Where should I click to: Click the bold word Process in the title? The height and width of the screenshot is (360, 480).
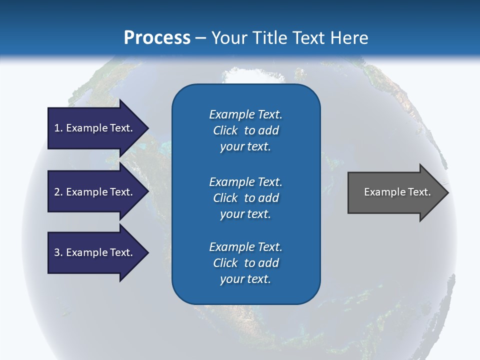[157, 38]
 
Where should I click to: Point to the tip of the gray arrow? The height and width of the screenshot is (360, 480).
[447, 192]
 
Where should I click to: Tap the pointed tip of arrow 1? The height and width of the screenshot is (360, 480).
[147, 128]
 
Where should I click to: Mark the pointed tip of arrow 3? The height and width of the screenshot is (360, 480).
[147, 252]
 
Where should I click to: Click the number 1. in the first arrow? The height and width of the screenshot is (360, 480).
[58, 128]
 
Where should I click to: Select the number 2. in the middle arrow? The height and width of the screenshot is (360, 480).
[58, 192]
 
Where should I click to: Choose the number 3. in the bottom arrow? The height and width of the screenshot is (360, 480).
[58, 252]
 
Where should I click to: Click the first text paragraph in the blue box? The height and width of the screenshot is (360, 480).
[245, 130]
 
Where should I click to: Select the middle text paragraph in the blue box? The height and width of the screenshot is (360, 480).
[245, 198]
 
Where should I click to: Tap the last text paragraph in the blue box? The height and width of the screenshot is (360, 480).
[245, 263]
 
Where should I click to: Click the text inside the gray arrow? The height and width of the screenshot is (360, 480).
[397, 192]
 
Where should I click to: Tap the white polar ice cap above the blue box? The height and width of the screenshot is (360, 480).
[245, 75]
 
